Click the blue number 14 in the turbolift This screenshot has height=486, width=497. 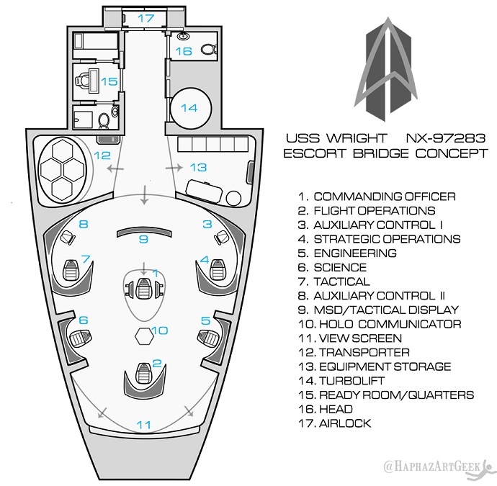[x=189, y=108]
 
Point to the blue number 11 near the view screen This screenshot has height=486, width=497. [x=144, y=425]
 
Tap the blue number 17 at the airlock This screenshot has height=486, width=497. [x=146, y=18]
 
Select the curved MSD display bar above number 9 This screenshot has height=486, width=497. [x=143, y=231]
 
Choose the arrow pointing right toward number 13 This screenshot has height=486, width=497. [x=174, y=167]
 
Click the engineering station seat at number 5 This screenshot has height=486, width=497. [x=208, y=336]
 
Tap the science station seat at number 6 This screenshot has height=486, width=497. [x=79, y=336]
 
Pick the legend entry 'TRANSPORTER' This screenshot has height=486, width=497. [x=364, y=353]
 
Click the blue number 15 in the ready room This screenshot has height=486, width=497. [x=108, y=81]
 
